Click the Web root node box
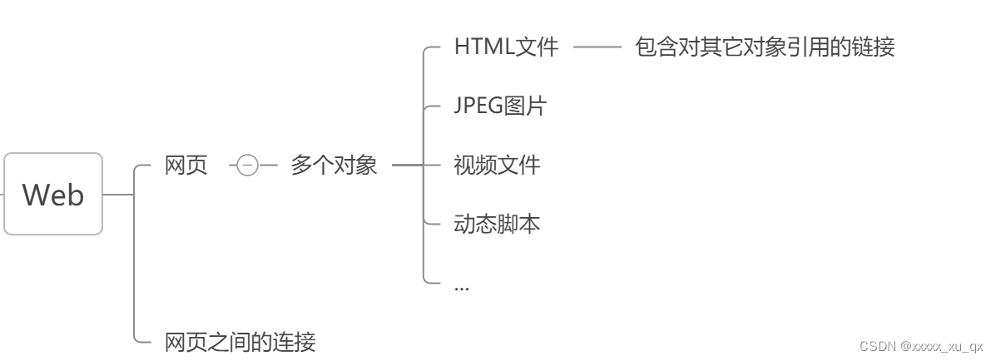coord(53,194)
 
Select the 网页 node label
coord(186,166)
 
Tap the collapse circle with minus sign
coord(247,166)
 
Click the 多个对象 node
coord(334,166)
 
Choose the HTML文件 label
coord(506,47)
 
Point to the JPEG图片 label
coord(500,106)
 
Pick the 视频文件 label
coord(497,165)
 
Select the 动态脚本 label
coord(497,224)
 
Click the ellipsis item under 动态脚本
coord(462,285)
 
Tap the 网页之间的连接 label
coord(240,342)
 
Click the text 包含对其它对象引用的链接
coord(765,47)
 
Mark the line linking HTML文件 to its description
coord(597,47)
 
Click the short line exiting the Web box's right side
coord(117,195)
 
